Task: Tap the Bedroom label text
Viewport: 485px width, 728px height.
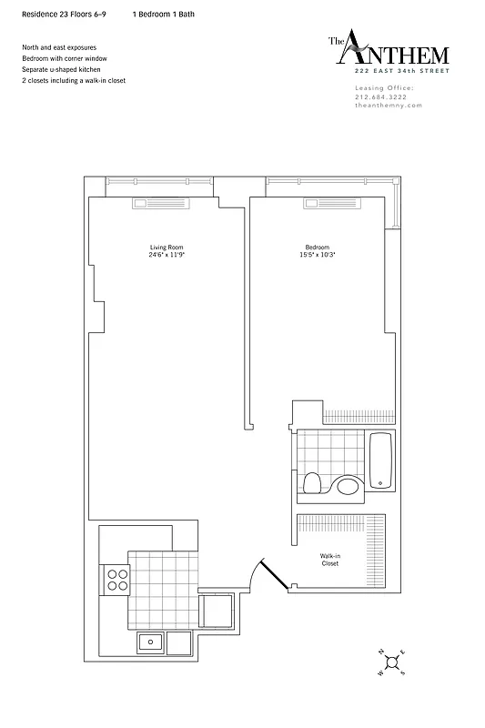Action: click(317, 248)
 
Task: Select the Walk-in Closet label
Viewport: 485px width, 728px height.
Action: click(329, 560)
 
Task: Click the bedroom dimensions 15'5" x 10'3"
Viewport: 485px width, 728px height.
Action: click(317, 255)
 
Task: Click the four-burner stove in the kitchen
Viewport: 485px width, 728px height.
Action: click(117, 579)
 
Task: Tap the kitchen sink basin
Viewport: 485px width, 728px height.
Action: click(150, 642)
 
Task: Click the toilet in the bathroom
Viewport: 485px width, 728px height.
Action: click(312, 482)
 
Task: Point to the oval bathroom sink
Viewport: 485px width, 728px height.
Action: click(348, 486)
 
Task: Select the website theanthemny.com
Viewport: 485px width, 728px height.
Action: click(388, 106)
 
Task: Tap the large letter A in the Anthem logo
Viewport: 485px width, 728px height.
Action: click(359, 48)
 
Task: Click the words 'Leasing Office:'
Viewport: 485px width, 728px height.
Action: click(383, 87)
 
